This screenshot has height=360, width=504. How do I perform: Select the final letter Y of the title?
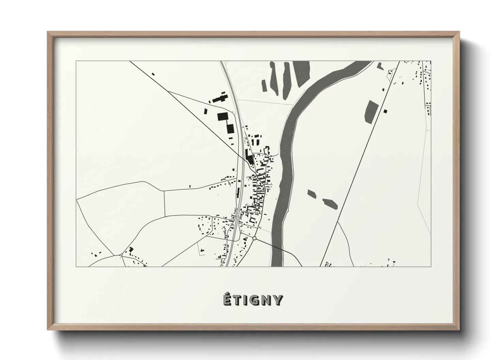click(x=278, y=300)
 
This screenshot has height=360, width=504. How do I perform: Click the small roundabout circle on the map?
click(x=254, y=238)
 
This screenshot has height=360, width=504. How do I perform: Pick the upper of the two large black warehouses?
click(x=222, y=117)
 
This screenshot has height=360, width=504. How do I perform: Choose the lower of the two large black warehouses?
click(x=231, y=129)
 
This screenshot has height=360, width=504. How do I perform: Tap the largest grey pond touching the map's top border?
click(x=301, y=73)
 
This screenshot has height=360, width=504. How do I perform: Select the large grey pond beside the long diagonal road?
click(x=371, y=111)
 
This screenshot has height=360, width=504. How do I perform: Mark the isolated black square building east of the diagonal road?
click(x=385, y=111)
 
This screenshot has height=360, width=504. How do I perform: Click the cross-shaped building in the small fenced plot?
click(x=202, y=250)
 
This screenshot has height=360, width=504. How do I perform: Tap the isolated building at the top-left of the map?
click(x=153, y=73)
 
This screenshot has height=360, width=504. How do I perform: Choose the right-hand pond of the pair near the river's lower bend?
click(x=330, y=203)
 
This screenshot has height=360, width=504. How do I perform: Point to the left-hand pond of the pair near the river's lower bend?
click(x=312, y=194)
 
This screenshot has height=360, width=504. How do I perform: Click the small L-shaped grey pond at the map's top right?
click(x=380, y=66)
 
